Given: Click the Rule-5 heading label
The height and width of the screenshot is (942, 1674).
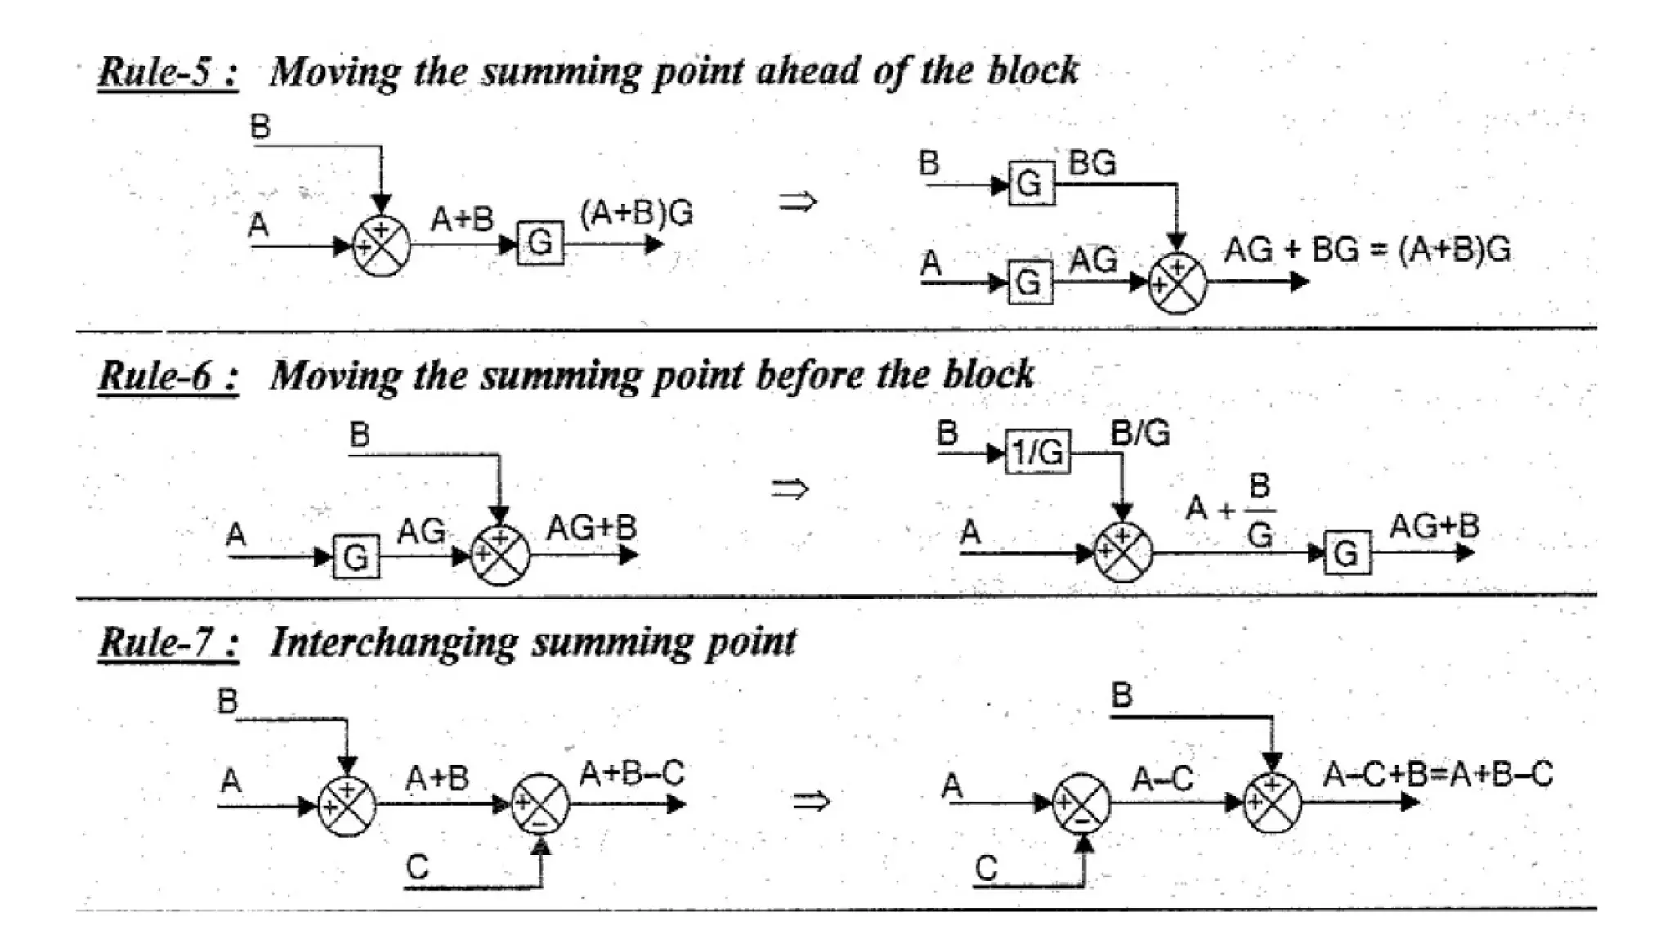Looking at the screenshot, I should click(168, 72).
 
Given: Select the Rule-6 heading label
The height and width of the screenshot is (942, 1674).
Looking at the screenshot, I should click(168, 376).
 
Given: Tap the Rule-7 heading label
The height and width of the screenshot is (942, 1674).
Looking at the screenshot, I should click(168, 642).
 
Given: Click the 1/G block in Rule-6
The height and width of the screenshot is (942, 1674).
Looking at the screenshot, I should click(1037, 451).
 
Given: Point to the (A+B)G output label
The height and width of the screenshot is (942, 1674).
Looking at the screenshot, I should click(636, 213).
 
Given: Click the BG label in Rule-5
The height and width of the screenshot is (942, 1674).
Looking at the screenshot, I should click(1092, 164).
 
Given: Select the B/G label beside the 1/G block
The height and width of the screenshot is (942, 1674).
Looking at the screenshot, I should click(1140, 433).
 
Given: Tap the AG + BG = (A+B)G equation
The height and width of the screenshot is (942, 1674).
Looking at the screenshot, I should click(1367, 249).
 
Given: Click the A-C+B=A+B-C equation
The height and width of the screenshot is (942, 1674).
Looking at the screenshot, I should click(1438, 774).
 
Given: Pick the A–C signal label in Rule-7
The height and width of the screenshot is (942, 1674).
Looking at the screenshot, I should click(1162, 778).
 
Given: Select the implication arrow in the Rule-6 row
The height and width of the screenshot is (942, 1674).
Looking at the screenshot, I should click(790, 489).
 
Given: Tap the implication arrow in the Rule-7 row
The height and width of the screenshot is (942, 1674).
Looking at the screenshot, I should click(812, 801).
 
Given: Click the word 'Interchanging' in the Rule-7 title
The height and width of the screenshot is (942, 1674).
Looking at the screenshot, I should click(394, 643).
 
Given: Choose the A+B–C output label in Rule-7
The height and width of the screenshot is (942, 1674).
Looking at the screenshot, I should click(631, 773).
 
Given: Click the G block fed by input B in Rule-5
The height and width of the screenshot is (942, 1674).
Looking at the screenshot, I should click(1031, 184).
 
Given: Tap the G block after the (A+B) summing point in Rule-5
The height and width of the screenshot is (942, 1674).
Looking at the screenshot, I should click(540, 243).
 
